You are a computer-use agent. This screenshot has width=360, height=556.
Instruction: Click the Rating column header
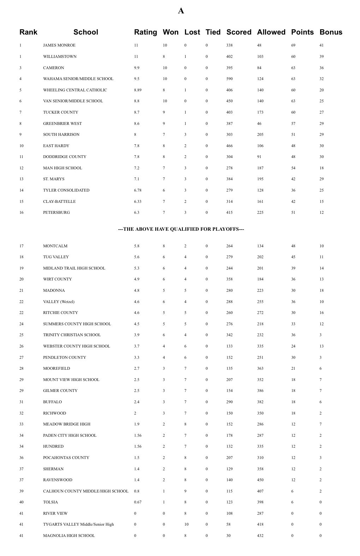point(145,32)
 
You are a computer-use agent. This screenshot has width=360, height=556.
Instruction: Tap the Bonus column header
point(331,32)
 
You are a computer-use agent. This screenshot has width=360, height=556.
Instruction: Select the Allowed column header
point(271,32)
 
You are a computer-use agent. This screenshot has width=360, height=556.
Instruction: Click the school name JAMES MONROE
point(59,45)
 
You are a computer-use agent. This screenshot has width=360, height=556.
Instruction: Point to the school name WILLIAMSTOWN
point(60,56)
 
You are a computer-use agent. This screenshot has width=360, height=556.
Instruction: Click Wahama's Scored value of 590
point(229,79)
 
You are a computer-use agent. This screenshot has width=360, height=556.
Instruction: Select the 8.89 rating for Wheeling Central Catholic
point(138,90)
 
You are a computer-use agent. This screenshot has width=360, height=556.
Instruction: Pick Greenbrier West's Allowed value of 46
point(259,123)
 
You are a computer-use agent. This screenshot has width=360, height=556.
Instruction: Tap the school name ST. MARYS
point(54,179)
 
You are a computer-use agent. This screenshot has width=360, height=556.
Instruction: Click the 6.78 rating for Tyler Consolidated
point(138,190)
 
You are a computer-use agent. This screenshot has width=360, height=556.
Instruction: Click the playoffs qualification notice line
point(181,229)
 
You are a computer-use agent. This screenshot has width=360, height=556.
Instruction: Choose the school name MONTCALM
point(55,246)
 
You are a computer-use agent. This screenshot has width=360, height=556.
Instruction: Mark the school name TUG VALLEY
point(56,257)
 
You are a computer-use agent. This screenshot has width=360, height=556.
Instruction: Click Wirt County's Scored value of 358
point(229,279)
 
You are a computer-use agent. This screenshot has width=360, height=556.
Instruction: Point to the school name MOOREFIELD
point(56,368)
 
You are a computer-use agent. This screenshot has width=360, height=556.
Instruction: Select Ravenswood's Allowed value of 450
point(260,480)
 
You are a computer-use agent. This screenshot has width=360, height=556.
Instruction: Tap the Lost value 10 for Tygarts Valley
point(186,524)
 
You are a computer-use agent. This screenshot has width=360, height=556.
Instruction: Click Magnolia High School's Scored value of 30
point(228,536)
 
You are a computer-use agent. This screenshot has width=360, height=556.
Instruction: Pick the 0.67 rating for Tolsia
point(138,502)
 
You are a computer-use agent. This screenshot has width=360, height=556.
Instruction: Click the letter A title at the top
point(181,11)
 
